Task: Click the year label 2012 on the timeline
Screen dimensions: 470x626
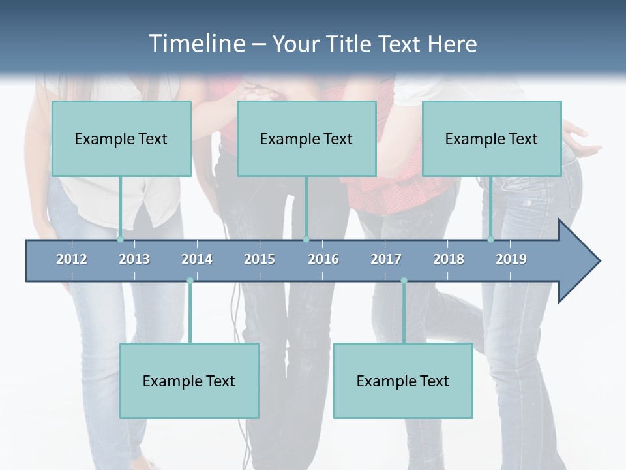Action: click(72, 259)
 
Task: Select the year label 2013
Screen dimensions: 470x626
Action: click(134, 259)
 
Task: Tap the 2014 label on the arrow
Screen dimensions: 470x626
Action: click(197, 259)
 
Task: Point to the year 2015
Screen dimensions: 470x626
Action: click(260, 259)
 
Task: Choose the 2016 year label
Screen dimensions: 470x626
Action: click(323, 259)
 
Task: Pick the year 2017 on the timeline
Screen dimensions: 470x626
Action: click(386, 259)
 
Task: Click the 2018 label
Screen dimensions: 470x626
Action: click(449, 259)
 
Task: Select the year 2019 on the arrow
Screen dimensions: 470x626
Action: click(511, 259)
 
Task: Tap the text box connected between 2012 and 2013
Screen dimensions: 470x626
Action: click(121, 138)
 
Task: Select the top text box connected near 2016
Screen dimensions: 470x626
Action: click(306, 138)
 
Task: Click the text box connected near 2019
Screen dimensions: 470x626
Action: click(492, 138)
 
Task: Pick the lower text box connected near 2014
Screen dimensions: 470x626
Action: click(189, 381)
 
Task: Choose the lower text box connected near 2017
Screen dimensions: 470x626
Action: click(403, 381)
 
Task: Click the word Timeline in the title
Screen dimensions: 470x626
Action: click(196, 44)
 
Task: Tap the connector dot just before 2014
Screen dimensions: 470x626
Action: click(190, 281)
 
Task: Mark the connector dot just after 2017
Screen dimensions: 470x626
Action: click(404, 281)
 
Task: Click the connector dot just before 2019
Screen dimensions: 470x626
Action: click(491, 239)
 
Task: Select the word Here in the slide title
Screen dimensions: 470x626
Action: click(452, 44)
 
